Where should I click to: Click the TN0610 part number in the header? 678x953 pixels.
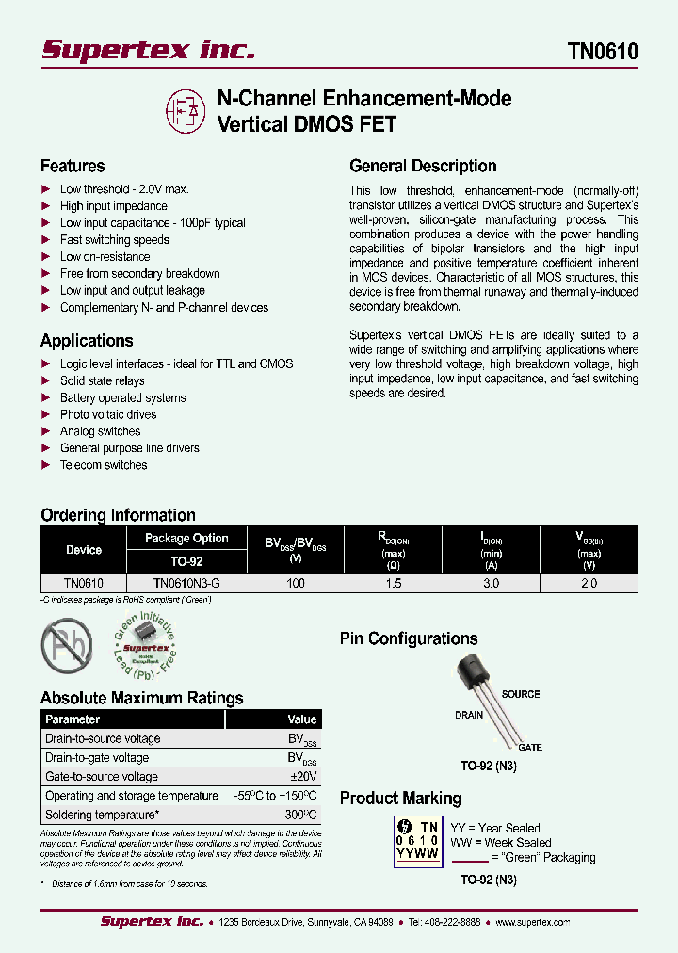[603, 51]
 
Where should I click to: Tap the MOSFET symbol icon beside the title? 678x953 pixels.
[186, 111]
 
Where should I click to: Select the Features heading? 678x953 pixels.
[73, 166]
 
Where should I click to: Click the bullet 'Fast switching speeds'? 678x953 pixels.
[114, 240]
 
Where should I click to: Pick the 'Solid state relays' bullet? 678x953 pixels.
[102, 381]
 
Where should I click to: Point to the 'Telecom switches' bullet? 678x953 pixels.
[104, 465]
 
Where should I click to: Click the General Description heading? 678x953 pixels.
[423, 166]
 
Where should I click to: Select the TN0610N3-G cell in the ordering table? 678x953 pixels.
[186, 584]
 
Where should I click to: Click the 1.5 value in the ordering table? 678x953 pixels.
[394, 584]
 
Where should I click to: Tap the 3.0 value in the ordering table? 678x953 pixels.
[491, 584]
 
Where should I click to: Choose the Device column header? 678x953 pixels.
[84, 550]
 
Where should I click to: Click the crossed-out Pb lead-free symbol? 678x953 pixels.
[67, 645]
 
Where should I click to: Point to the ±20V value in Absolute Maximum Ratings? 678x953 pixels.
[303, 777]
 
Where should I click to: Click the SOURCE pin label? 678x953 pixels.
[520, 694]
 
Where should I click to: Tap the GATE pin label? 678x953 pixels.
[529, 748]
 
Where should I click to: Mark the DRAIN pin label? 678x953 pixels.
[469, 715]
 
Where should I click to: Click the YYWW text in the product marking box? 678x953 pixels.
[418, 854]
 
